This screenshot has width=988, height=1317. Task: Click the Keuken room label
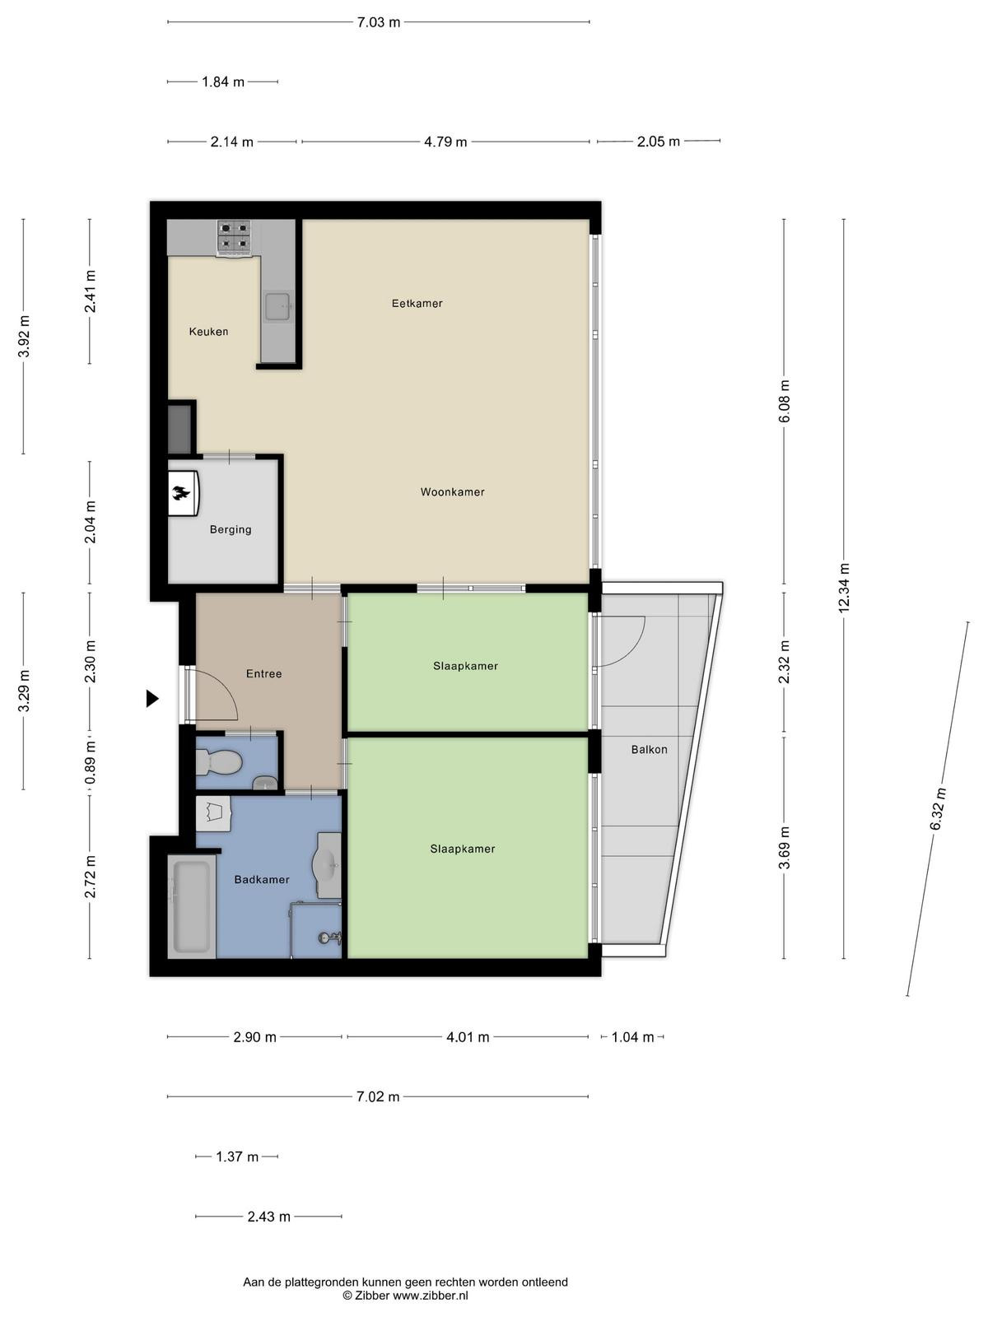208,331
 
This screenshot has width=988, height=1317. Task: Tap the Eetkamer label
417,304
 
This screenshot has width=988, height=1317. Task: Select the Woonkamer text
452,492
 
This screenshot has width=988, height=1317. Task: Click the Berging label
231,530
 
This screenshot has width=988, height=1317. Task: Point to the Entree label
264,674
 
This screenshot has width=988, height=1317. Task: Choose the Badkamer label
262,880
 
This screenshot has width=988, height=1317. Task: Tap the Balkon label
649,749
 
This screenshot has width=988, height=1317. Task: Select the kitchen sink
277,307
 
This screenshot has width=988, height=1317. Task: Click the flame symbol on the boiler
180,493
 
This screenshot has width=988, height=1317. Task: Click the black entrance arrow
152,698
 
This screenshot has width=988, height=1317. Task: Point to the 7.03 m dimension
379,22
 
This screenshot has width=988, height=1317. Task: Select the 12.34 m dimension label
844,588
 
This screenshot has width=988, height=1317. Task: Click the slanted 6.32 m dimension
938,809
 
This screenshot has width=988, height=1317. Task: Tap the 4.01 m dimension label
468,1037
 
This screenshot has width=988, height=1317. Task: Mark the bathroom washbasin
327,864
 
